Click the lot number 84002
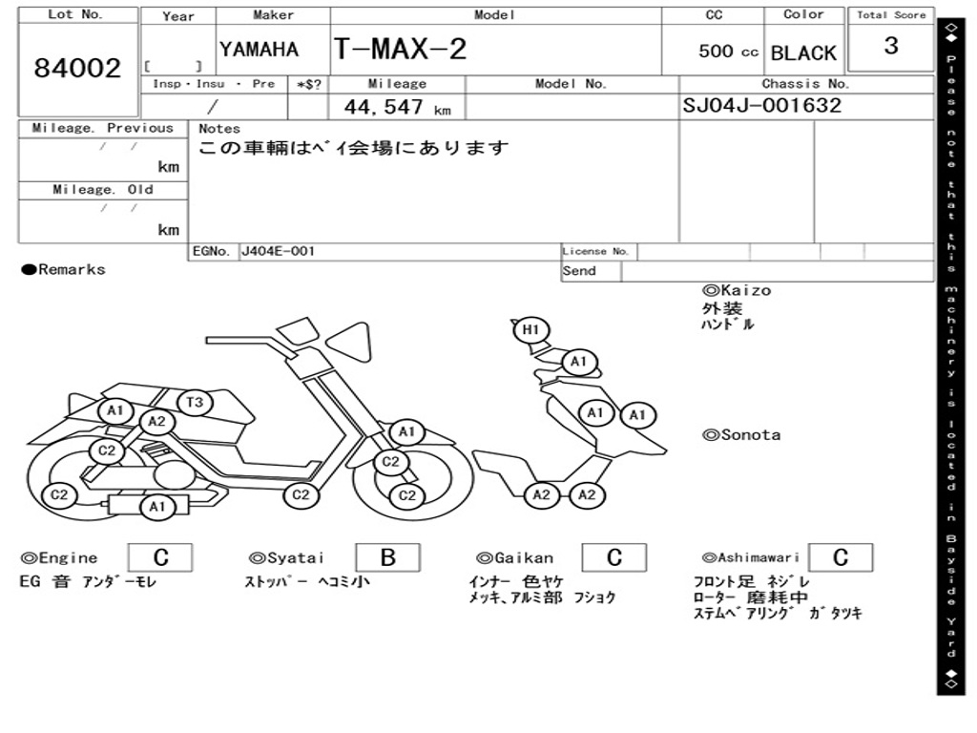[x=78, y=68]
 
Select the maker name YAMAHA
[x=259, y=50]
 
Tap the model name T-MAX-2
[x=400, y=50]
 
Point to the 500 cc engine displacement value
[x=728, y=52]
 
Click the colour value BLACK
[x=803, y=53]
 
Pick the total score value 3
[x=891, y=46]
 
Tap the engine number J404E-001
[x=277, y=252]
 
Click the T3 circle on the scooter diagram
[x=195, y=403]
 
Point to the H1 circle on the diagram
[x=531, y=330]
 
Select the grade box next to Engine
[x=160, y=557]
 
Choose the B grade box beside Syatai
[x=387, y=557]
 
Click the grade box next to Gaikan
[x=613, y=557]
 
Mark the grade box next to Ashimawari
[x=840, y=557]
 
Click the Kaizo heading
[x=737, y=290]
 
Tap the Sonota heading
[x=741, y=435]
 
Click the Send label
[x=579, y=271]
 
